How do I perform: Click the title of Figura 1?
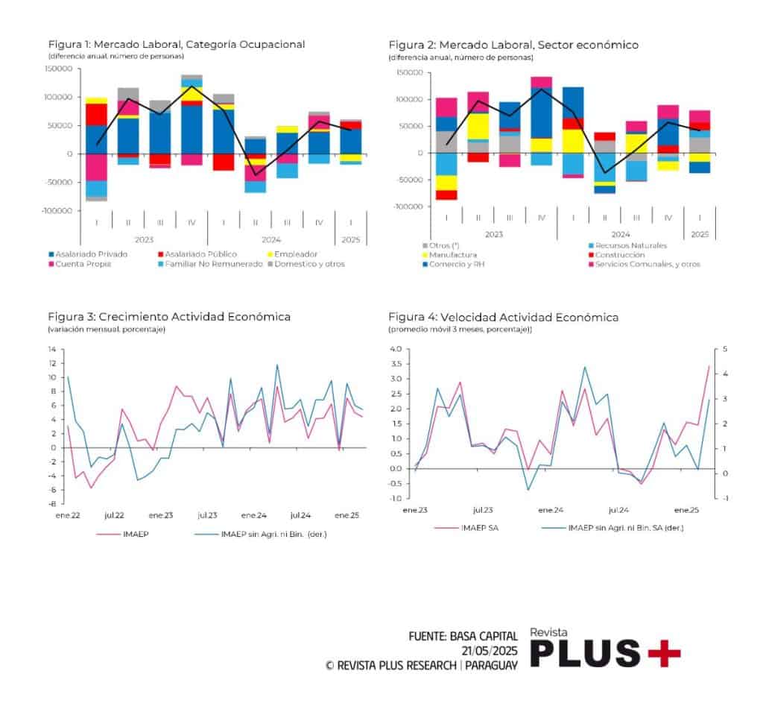click(x=177, y=45)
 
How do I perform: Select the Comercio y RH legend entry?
click(x=452, y=264)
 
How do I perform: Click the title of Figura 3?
click(x=169, y=317)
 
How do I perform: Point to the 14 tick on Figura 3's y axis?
click(x=51, y=349)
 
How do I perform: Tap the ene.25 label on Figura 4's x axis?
click(x=686, y=510)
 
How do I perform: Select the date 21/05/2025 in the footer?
click(x=489, y=651)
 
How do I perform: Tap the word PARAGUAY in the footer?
click(x=491, y=666)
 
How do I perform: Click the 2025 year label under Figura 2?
click(x=700, y=234)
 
